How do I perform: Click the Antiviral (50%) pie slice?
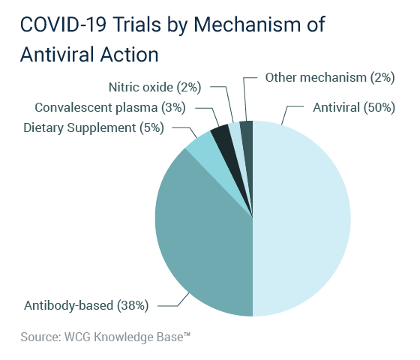[301, 218]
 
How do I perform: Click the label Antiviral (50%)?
[354, 108]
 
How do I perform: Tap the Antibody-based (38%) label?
[86, 305]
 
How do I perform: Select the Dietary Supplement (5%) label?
[94, 127]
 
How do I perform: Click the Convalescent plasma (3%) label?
[110, 108]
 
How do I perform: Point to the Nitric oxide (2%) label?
[154, 87]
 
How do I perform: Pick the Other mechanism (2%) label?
[330, 78]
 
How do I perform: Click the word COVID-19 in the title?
[63, 25]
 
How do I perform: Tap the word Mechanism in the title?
[247, 25]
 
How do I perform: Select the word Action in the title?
[129, 55]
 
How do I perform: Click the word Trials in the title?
[136, 25]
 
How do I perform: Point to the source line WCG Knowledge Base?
[106, 337]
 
